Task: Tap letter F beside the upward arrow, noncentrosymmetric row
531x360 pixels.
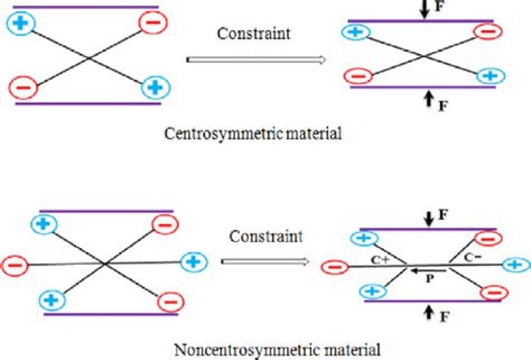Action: (x=441, y=319)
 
